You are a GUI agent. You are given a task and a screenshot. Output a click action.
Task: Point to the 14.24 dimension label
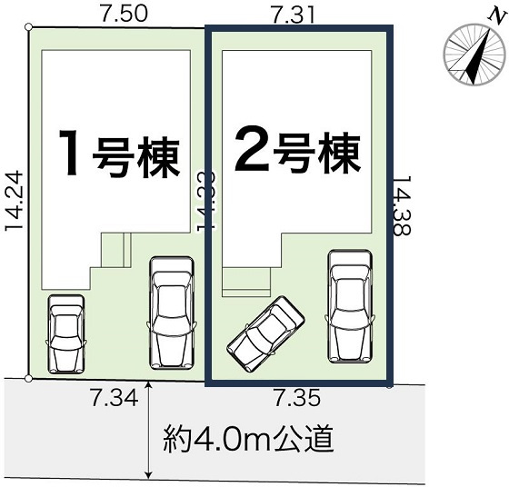tap(13, 204)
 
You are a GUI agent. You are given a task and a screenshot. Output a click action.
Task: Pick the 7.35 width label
tap(298, 396)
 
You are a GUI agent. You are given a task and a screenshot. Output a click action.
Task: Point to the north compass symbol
tap(470, 56)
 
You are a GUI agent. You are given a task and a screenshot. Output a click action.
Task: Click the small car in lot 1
tap(65, 333)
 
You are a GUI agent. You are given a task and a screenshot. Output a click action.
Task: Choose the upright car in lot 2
tap(349, 303)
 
